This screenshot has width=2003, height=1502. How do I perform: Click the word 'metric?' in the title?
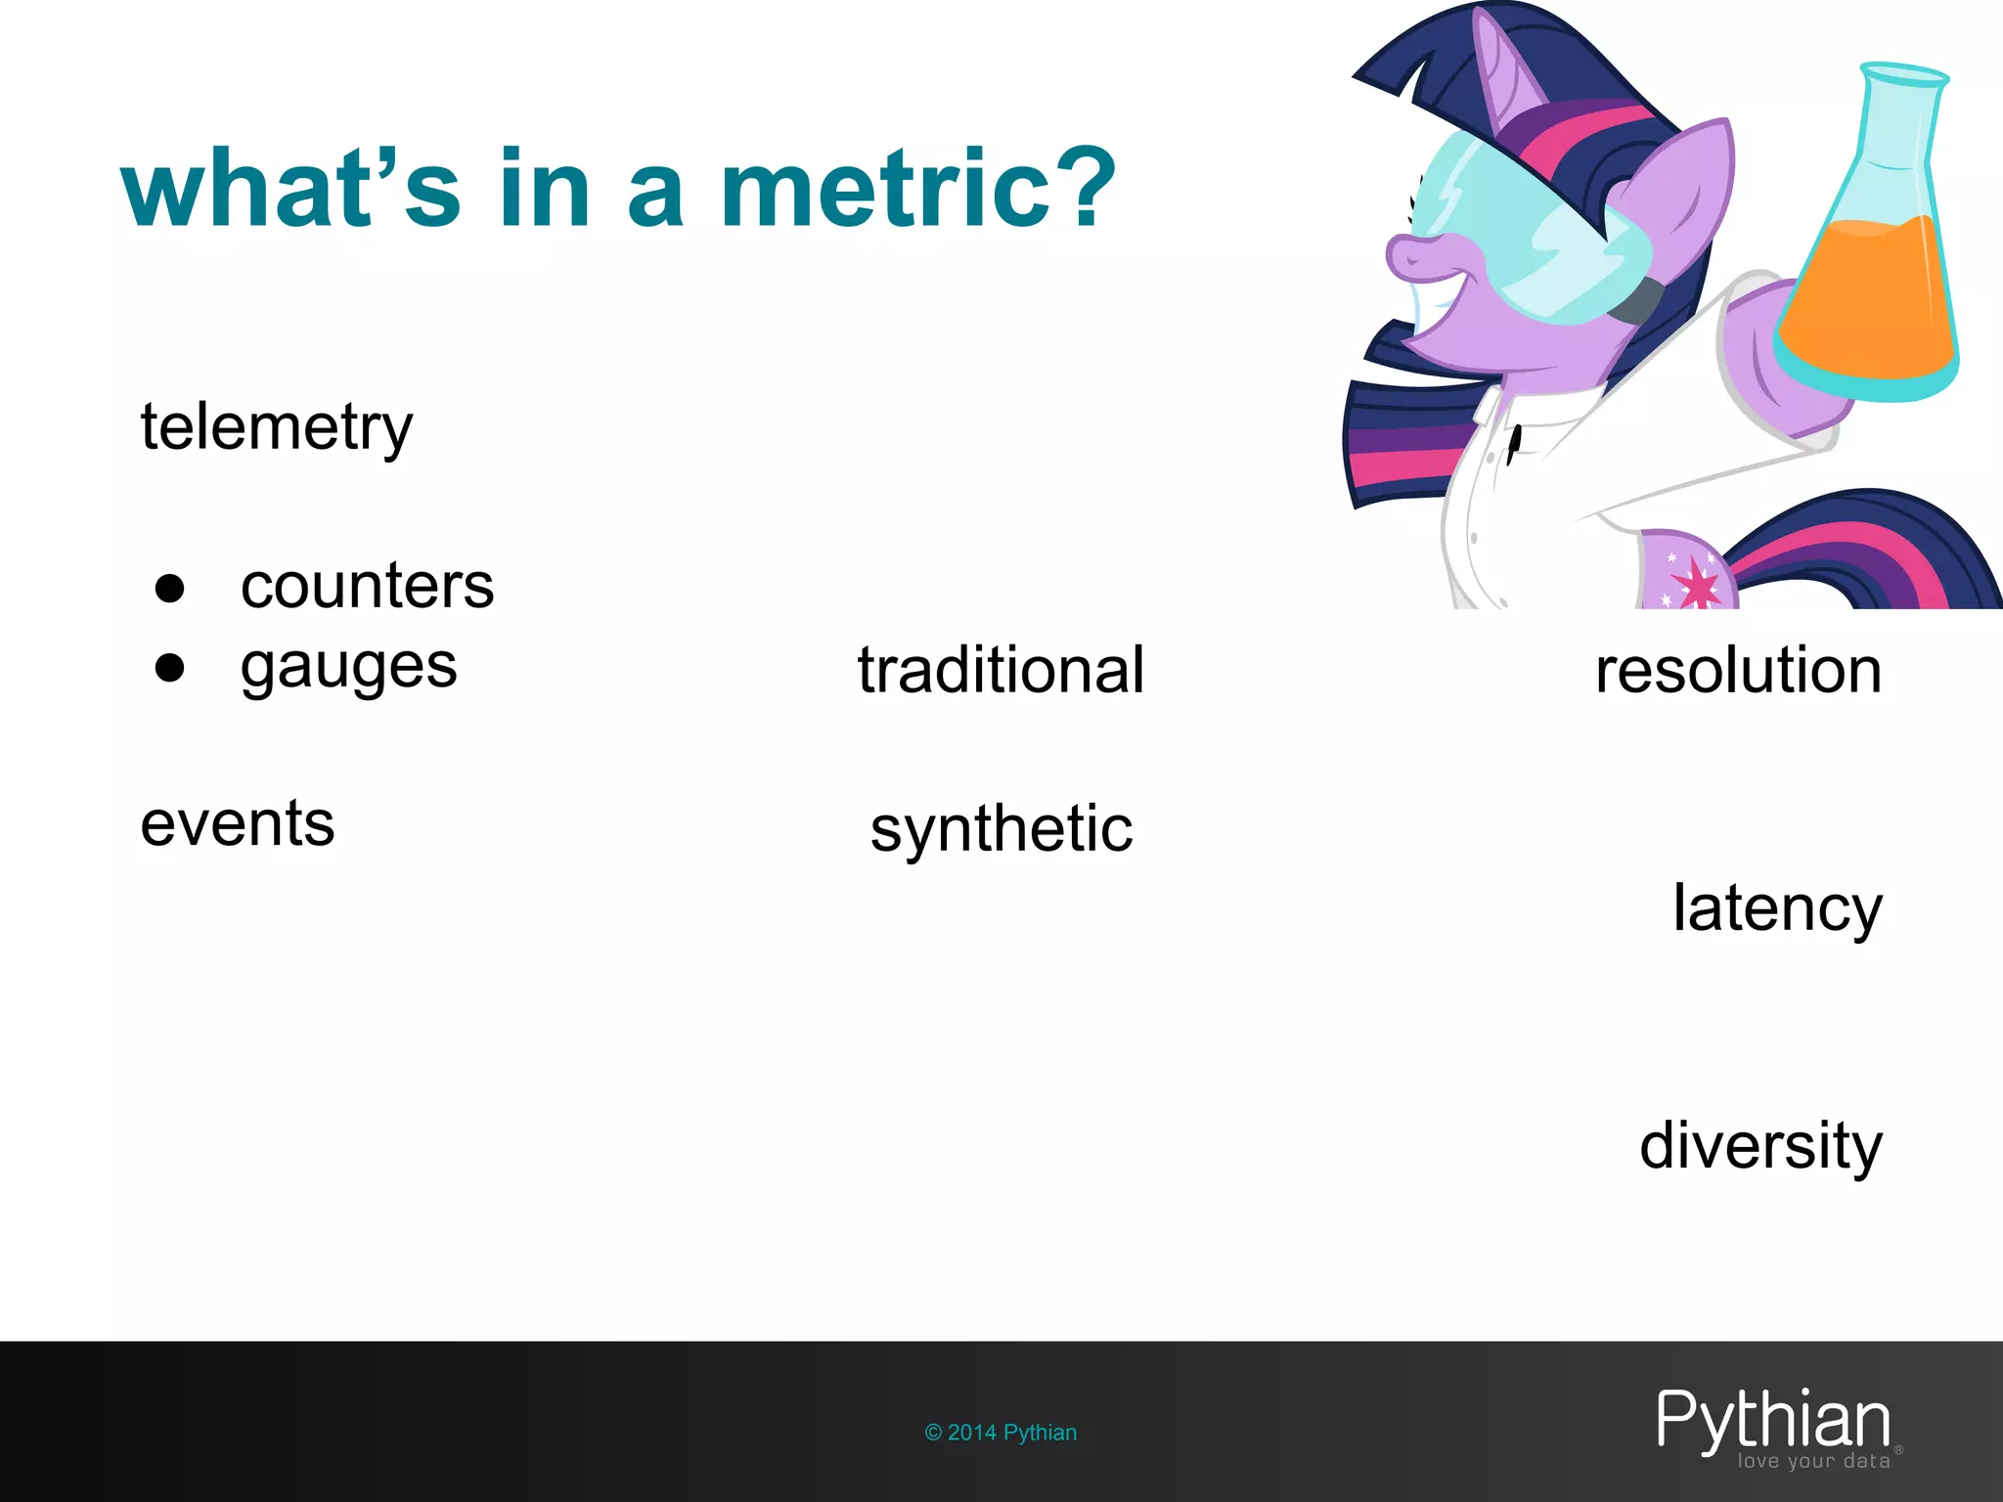point(917,188)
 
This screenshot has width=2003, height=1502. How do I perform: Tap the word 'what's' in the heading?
point(290,188)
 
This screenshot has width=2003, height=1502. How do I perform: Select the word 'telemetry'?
point(277,428)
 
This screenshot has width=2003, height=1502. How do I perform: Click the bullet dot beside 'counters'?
point(170,588)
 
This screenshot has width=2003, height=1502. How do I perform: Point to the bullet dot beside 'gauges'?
point(170,668)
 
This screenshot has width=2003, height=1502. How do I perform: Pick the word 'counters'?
point(367,587)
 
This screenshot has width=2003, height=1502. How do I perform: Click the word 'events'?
point(238,823)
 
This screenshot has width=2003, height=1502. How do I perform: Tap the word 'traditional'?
point(1001,671)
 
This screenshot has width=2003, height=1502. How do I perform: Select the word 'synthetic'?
point(1001,829)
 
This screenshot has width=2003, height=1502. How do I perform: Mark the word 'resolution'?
point(1738,671)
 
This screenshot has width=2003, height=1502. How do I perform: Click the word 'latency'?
point(1777,908)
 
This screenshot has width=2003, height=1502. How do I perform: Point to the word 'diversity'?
point(1760,1146)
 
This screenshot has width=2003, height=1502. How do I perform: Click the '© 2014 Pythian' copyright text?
point(1001,1433)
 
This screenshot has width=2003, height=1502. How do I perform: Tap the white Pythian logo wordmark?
point(1773,1420)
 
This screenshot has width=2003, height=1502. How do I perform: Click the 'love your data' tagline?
point(1813,1462)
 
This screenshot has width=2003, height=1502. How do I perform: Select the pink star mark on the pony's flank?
point(1697,586)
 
